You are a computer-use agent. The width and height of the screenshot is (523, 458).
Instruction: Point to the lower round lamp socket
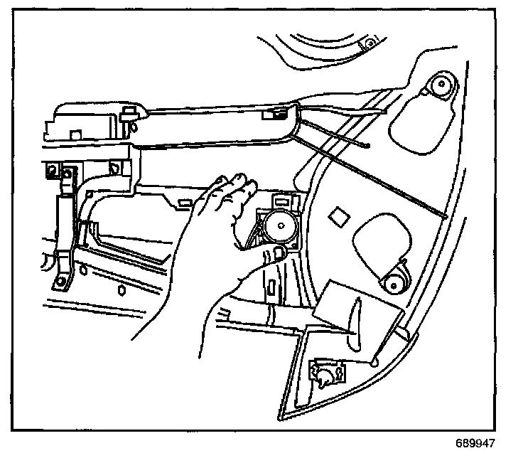(x=392, y=285)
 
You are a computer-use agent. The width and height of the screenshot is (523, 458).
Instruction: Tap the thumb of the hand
(x=271, y=254)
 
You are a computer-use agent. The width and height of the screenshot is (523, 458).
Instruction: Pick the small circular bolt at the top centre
(x=368, y=44)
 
